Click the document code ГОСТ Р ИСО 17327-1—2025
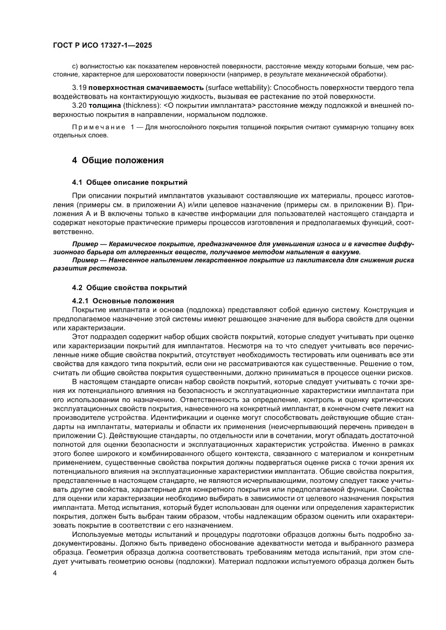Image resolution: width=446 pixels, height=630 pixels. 101,46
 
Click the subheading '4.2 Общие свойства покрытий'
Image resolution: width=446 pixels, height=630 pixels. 129,287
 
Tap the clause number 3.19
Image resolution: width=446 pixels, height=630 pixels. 79,87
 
